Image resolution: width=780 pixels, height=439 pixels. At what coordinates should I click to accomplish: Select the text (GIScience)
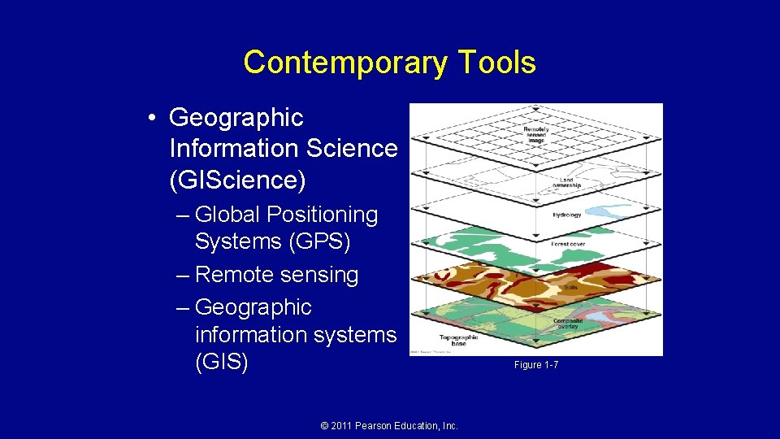237,180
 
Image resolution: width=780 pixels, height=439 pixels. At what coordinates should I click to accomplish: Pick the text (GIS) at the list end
221,362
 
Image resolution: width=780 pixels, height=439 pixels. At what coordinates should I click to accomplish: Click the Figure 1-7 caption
535,365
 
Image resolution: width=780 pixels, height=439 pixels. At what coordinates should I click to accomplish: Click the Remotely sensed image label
535,134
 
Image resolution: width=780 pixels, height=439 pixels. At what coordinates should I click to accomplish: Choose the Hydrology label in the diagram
566,215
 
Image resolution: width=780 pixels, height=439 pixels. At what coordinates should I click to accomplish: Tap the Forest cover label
568,243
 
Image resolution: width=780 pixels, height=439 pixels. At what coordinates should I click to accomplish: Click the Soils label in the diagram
571,287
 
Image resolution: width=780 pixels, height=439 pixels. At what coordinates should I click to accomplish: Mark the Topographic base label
453,340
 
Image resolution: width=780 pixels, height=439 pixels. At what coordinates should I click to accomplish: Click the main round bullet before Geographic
153,119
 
